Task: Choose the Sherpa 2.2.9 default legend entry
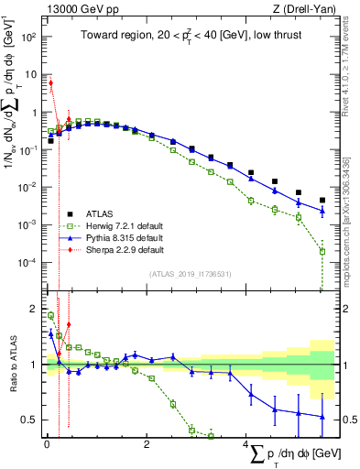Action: pos(115,249)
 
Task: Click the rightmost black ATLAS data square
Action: pos(322,200)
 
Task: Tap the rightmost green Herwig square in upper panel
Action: pos(322,251)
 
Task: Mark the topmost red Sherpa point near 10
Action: pos(51,83)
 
